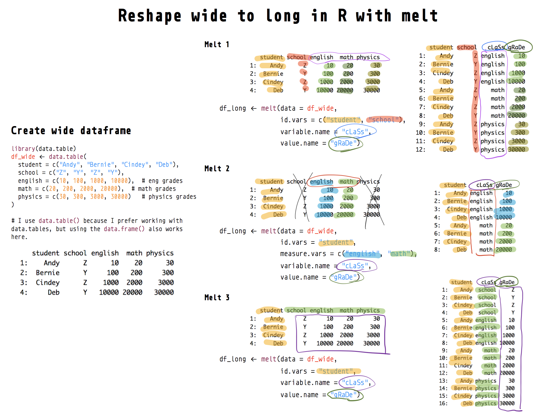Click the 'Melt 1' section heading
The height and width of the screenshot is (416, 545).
point(217,44)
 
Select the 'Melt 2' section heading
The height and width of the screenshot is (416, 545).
point(217,169)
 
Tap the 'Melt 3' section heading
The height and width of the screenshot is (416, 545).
point(217,298)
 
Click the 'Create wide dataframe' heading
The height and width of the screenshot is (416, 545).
point(71,131)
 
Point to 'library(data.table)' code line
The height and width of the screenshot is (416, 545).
point(44,148)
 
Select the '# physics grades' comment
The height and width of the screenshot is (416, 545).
point(169,197)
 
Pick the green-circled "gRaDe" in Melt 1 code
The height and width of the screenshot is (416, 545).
point(343,143)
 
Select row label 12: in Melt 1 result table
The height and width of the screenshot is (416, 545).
point(420,150)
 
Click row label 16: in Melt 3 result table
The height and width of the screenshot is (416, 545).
point(443,403)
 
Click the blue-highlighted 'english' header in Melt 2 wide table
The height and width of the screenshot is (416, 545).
point(321,182)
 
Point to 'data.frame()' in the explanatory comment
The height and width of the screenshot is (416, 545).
point(124,229)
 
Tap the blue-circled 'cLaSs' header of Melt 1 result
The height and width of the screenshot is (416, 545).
point(495,47)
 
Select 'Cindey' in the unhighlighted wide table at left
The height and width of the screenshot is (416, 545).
point(48,283)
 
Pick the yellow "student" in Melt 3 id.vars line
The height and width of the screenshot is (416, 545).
point(337,371)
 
